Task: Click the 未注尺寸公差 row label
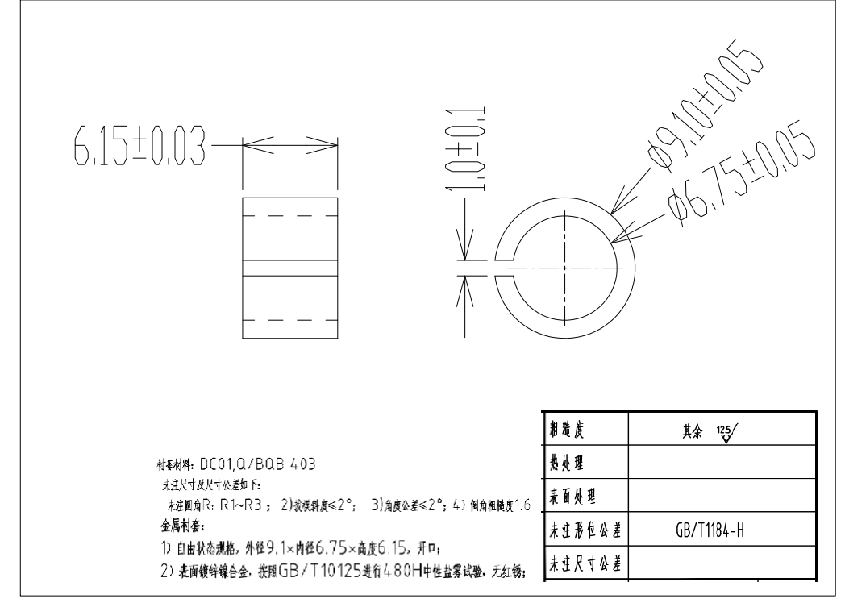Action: (x=585, y=563)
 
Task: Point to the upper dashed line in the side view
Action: (x=289, y=216)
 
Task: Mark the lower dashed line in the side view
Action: (x=289, y=321)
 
